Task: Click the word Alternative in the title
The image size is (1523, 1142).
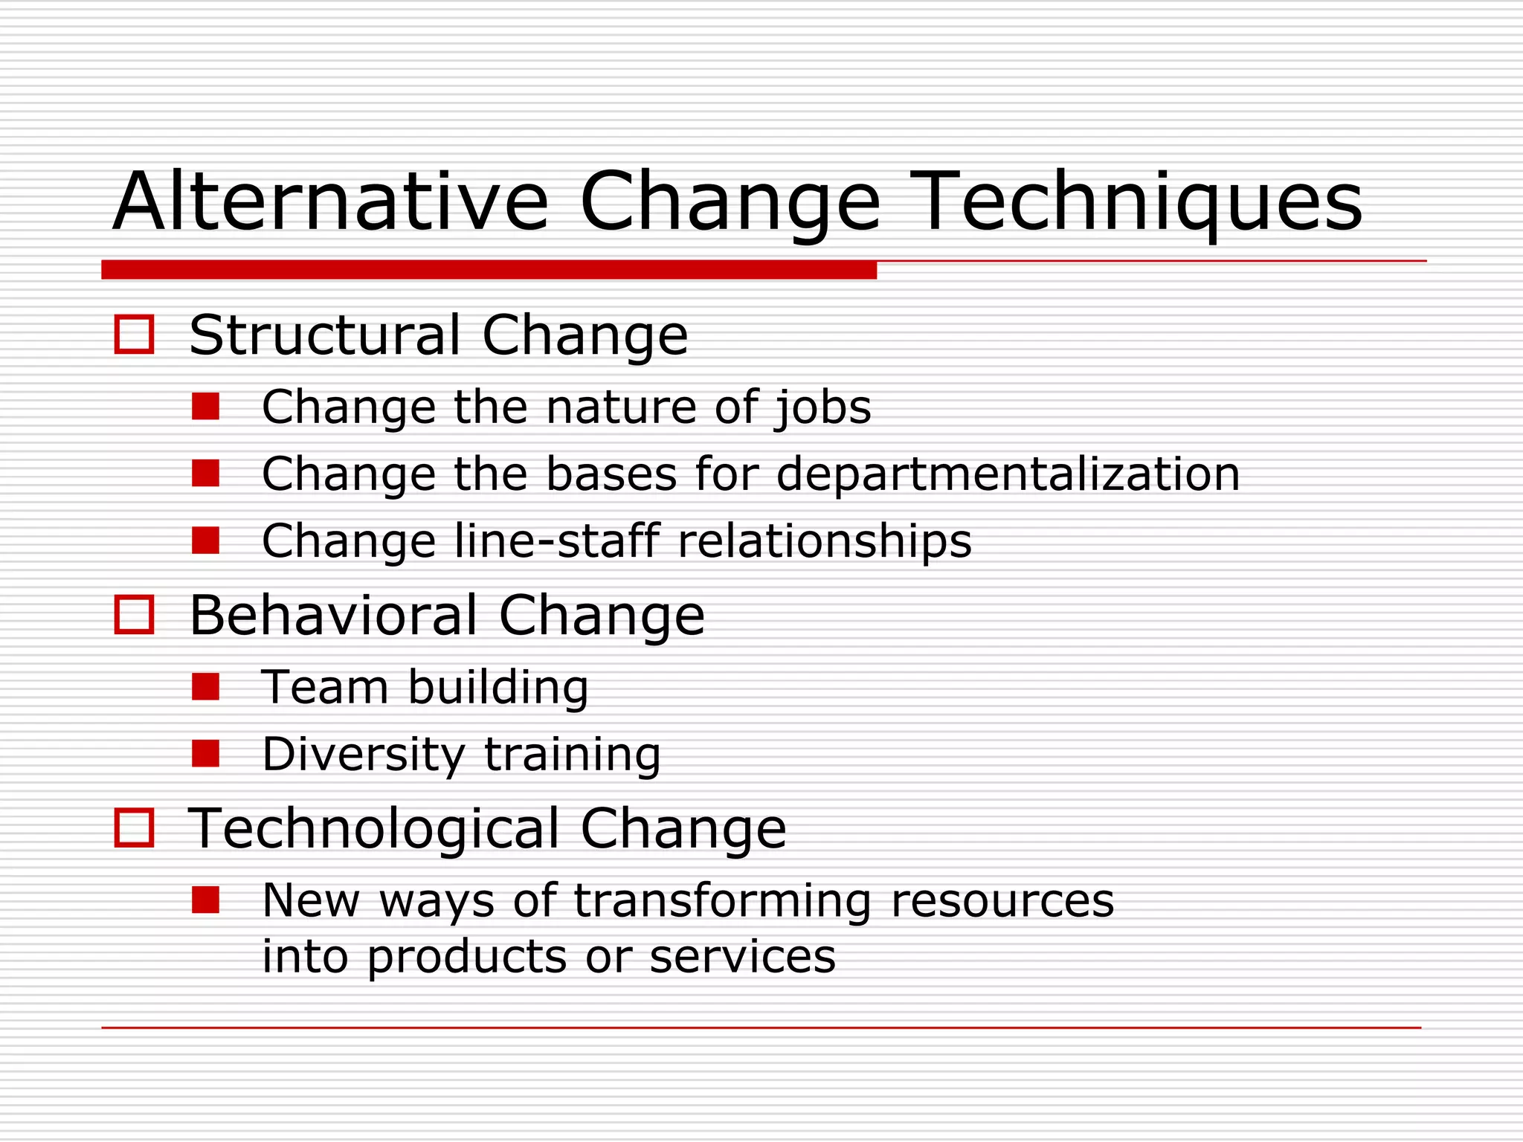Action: [x=330, y=202]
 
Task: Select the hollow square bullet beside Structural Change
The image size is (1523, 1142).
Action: [x=134, y=335]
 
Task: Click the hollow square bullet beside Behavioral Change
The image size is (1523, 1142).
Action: [x=134, y=615]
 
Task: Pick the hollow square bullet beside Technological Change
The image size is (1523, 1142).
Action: [x=134, y=828]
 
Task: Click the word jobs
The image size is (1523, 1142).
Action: [x=822, y=407]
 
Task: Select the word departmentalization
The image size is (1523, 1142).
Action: [x=1008, y=474]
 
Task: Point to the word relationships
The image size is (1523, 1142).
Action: [x=824, y=541]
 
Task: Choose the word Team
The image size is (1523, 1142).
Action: [x=324, y=687]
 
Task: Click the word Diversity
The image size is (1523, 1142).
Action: [x=363, y=754]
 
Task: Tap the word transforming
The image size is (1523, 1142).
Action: [x=722, y=900]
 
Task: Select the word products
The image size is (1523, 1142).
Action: [x=466, y=957]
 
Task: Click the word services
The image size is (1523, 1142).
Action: [x=742, y=957]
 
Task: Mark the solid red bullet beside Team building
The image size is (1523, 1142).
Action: [x=205, y=687]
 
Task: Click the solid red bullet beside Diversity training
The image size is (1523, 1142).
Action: [x=205, y=754]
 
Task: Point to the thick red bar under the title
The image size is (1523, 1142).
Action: [x=489, y=270]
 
